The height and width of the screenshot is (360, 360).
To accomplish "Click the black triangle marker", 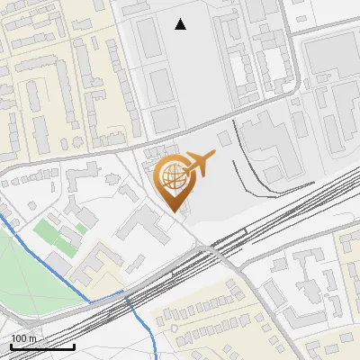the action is [x=181, y=24].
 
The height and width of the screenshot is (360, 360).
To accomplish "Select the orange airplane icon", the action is [x=199, y=163].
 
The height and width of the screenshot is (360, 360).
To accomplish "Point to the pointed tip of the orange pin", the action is [x=173, y=211].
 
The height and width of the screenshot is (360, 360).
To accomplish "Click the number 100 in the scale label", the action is [x=20, y=338].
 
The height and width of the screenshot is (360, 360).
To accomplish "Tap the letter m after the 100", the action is [x=33, y=338].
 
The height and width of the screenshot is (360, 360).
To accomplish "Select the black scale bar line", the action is [x=42, y=346].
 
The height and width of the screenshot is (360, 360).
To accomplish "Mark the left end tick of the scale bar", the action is [x=11, y=346].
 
